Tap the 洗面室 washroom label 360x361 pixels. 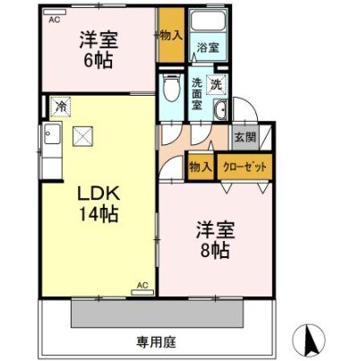(197, 92)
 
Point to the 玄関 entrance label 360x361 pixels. (244, 138)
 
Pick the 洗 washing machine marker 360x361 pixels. (216, 84)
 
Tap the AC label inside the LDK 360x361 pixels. (141, 286)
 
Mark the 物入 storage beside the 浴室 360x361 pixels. (172, 36)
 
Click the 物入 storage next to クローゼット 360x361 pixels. (201, 168)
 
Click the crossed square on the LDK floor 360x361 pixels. (82, 136)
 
